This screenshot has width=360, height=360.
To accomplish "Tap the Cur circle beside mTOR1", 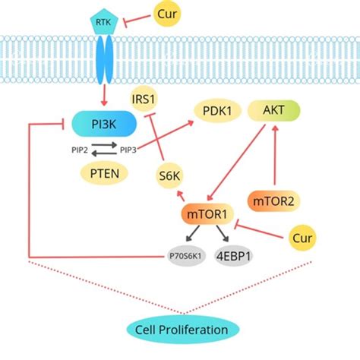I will coord(302,238).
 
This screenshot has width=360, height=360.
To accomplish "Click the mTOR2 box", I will coord(271,201).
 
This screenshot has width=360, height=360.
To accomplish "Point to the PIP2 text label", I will coord(77,150).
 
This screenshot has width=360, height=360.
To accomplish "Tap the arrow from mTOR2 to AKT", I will coord(273,157).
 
